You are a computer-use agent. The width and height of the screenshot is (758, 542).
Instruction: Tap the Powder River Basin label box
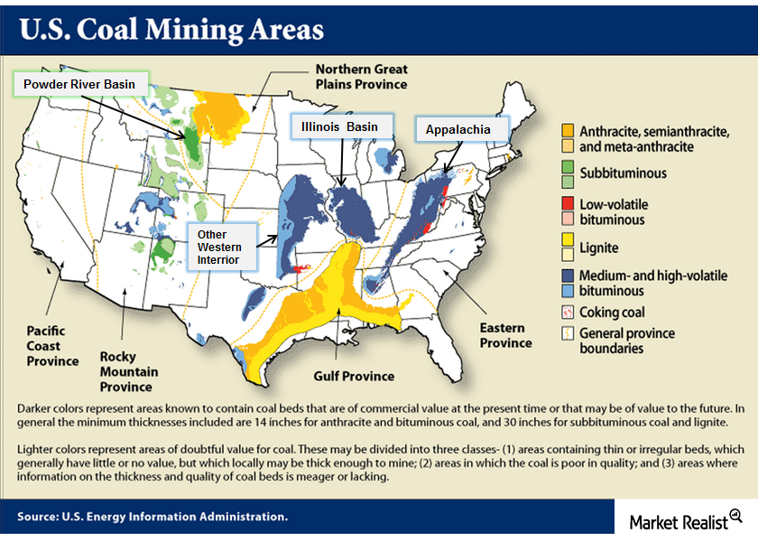tap(80, 84)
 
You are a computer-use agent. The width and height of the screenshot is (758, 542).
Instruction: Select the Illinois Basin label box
tap(339, 126)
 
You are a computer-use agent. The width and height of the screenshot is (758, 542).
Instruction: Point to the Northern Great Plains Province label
tap(361, 77)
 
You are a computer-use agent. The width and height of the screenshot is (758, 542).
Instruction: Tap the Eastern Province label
tap(505, 335)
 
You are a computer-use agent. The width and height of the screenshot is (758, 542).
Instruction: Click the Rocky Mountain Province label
tap(129, 371)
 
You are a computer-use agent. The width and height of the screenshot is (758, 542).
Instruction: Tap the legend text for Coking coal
tap(613, 312)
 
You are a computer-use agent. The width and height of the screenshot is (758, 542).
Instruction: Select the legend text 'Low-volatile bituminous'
tap(614, 212)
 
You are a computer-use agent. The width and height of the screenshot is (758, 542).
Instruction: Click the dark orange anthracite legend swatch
tap(567, 130)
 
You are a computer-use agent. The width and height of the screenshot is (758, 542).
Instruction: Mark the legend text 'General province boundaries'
tap(627, 341)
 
